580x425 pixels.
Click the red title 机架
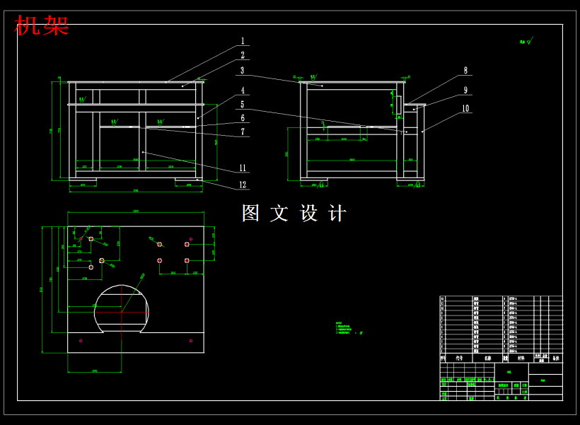[x=42, y=26]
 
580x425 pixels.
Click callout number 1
[x=242, y=41]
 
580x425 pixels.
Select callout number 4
[x=242, y=91]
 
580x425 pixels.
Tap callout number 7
[x=242, y=132]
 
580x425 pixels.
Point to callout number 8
[x=465, y=71]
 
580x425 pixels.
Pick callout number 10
[x=465, y=109]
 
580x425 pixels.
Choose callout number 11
[x=243, y=168]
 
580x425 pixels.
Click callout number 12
[x=243, y=185]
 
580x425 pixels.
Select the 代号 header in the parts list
[x=459, y=358]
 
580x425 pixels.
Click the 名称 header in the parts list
[x=487, y=358]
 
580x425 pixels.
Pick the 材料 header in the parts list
[x=521, y=358]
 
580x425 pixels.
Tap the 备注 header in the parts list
[x=555, y=358]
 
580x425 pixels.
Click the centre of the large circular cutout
[x=122, y=310]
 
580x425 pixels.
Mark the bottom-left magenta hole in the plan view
[x=81, y=342]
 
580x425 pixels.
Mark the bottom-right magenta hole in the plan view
[x=191, y=341]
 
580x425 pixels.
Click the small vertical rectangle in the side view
[x=398, y=105]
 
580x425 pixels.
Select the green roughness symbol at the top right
[x=526, y=42]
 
